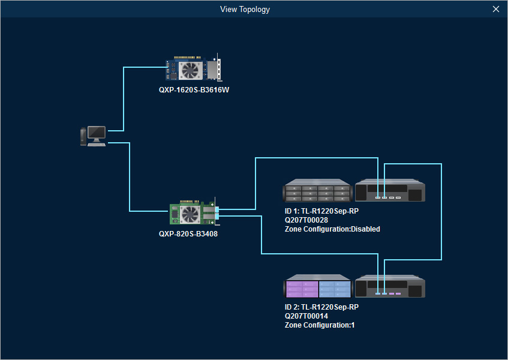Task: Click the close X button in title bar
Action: coord(495,9)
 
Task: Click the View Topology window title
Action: coord(245,9)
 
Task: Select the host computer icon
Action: coord(93,136)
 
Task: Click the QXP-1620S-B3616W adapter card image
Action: coord(193,70)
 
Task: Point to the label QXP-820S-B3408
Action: coord(188,234)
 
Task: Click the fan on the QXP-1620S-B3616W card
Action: coord(190,70)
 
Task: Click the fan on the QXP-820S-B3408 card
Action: coord(190,214)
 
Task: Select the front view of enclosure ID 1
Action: coord(317,191)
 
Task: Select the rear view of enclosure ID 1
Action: coord(390,191)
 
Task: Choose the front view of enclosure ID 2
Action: coord(317,287)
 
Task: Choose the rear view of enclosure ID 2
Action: coord(390,287)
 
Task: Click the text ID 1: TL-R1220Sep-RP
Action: coord(321,211)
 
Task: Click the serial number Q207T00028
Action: coord(306,220)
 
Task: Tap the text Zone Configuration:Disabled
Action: coord(332,229)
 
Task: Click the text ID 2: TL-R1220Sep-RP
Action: coord(321,307)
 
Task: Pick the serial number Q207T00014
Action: coord(306,316)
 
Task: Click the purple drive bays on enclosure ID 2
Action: coord(302,289)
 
